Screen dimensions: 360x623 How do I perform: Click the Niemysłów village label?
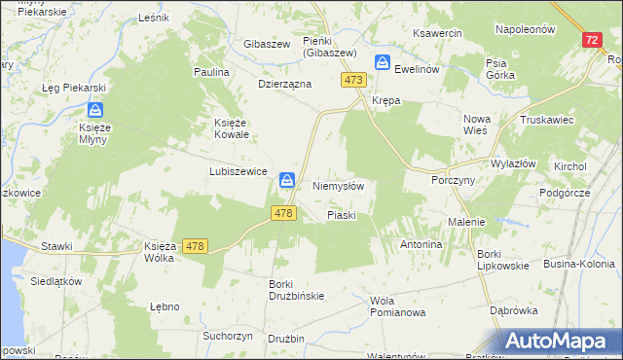coord(338,186)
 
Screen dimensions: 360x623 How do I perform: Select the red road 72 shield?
coord(593,40)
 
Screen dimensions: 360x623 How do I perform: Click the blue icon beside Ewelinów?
coord(385,63)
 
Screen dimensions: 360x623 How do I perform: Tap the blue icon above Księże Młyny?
coord(96,111)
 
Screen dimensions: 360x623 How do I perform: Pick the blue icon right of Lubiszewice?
coord(287,180)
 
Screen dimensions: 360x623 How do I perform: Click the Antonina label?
coord(421,244)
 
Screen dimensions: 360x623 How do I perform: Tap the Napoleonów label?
coord(525,29)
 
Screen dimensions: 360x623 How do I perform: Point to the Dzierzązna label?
coord(284,84)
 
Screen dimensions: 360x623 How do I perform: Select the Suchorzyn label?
coord(228,336)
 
